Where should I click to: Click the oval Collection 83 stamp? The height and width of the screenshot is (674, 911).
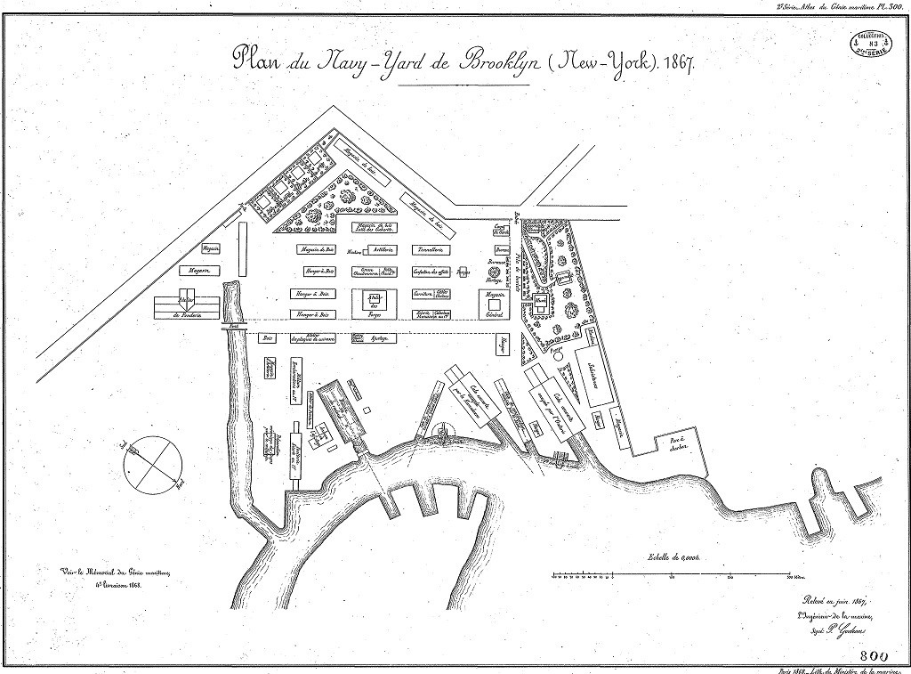pos(872,41)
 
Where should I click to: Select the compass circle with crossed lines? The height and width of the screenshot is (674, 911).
pos(153,462)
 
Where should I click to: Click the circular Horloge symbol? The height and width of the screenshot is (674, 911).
pos(494,272)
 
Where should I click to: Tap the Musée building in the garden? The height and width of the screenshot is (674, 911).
pos(541,304)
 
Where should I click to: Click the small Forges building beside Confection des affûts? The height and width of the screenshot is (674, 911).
pos(463,272)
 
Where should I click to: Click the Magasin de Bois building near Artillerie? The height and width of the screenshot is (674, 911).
pos(318,250)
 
